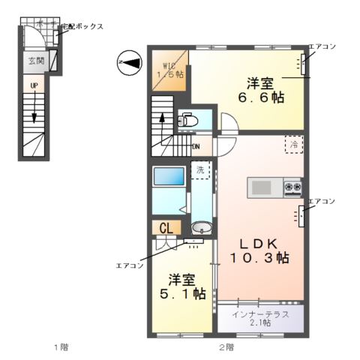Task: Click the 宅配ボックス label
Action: pos(82,26)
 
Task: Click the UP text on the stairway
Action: pos(34,86)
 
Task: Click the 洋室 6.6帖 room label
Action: pos(262,90)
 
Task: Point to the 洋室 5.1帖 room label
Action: pos(183,286)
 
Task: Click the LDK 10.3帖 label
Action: pos(260,250)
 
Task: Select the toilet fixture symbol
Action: pos(187,120)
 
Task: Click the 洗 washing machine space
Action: pos(200,171)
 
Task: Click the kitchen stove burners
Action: pos(291,186)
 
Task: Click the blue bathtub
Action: pos(165,177)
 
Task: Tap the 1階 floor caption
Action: pos(60,346)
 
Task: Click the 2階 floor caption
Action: pos(226,346)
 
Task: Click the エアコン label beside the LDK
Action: pos(322,202)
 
